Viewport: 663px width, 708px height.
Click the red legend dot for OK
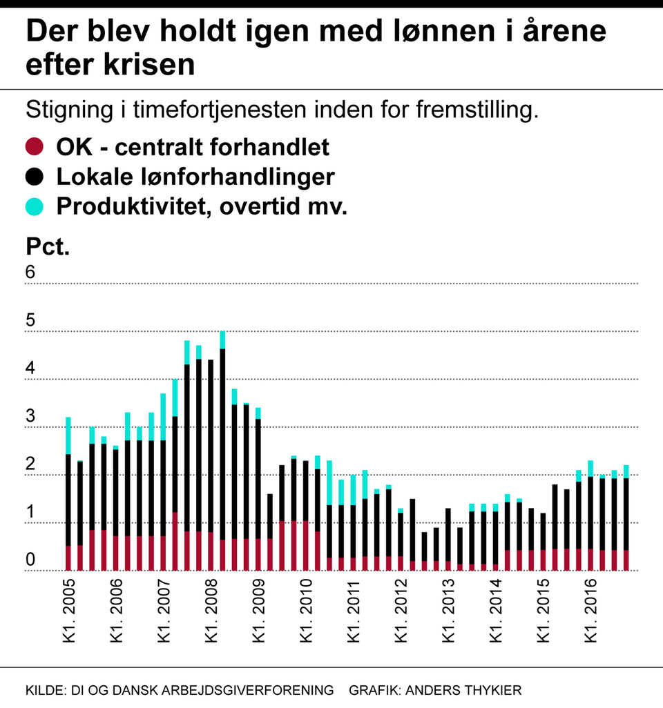pos(34,146)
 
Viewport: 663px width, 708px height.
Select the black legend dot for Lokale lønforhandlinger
pos(34,177)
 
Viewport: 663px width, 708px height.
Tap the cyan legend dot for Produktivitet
pos(34,206)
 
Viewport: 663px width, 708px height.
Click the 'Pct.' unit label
pos(48,246)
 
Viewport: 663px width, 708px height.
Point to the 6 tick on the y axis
pos(30,272)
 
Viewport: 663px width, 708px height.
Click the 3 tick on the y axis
pos(30,416)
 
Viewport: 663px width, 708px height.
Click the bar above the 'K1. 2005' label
pos(68,494)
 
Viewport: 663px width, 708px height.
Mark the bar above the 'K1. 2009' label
pos(258,490)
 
